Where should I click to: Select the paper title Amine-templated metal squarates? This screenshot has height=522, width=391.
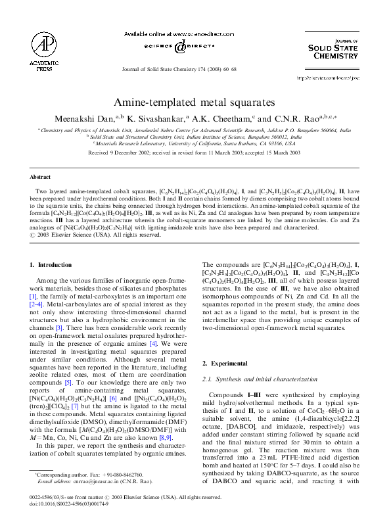tap(195, 103)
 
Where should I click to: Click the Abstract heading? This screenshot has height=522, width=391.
tap(42, 178)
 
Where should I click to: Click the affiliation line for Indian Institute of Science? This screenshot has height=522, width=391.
tap(195, 137)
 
